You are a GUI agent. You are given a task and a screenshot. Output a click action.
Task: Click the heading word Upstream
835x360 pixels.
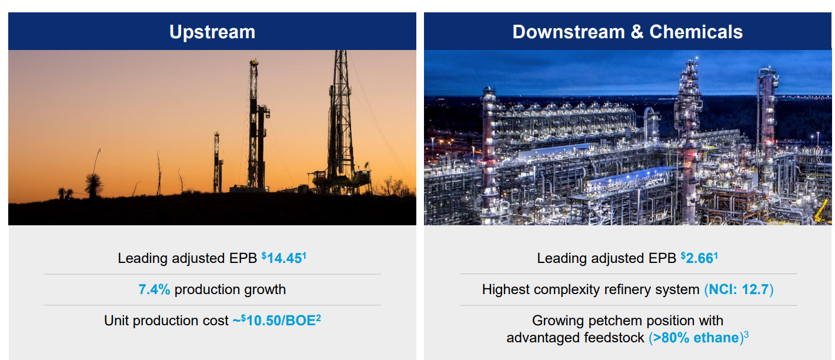click(x=212, y=32)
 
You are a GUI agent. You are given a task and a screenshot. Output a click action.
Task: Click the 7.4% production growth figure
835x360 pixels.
click(x=154, y=289)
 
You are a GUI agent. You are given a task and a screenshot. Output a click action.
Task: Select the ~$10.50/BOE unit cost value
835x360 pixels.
click(x=273, y=321)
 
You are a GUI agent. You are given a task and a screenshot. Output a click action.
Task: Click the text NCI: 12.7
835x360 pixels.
click(x=739, y=289)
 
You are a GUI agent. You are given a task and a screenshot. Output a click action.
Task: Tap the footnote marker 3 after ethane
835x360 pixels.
click(x=746, y=335)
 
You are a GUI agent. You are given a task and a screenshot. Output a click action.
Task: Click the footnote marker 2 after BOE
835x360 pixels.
click(x=318, y=317)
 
